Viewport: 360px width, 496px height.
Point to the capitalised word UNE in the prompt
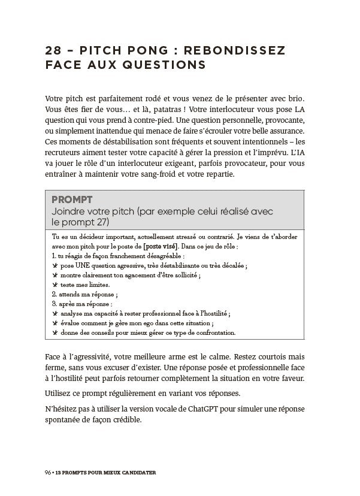(x=82, y=265)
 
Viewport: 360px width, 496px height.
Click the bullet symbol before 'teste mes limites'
(x=55, y=285)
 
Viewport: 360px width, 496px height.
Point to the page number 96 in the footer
(x=48, y=472)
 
